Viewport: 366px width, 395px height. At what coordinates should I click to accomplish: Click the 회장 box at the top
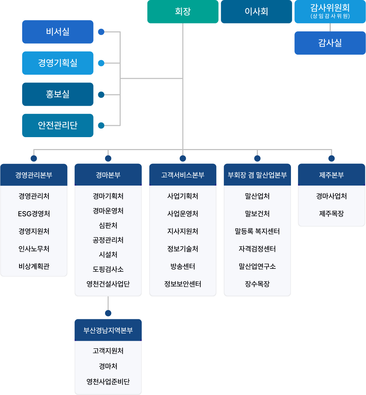click(x=183, y=12)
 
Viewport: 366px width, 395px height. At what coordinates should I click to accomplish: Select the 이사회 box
click(x=256, y=12)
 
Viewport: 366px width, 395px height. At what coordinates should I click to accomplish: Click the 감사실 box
click(x=330, y=43)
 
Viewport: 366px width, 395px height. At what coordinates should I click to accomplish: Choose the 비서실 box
click(x=58, y=32)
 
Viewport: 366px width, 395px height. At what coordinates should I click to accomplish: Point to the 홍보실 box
click(x=58, y=94)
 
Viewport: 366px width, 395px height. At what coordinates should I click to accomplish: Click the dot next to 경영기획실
click(x=101, y=63)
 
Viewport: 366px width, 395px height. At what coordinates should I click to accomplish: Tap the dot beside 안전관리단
click(x=101, y=126)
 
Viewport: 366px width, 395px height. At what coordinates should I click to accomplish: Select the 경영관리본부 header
click(x=34, y=175)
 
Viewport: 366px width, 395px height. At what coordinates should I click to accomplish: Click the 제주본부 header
click(x=331, y=175)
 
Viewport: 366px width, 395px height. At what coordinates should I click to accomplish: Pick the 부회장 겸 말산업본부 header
click(x=257, y=175)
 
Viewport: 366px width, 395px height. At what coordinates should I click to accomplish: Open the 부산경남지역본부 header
click(x=108, y=330)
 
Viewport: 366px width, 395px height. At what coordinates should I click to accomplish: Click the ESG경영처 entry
click(x=34, y=214)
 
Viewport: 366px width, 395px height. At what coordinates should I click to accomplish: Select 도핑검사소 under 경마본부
click(x=108, y=269)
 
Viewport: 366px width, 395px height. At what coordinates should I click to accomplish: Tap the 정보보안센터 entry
click(x=183, y=284)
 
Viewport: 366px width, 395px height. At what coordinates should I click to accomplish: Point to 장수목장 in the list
click(x=257, y=284)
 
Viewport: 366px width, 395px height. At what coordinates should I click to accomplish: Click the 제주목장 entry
click(x=331, y=214)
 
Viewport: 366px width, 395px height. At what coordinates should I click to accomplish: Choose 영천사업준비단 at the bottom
click(x=108, y=382)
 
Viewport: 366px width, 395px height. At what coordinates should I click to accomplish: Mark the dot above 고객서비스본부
click(x=183, y=158)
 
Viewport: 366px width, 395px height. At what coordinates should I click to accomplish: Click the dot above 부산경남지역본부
click(x=108, y=313)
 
